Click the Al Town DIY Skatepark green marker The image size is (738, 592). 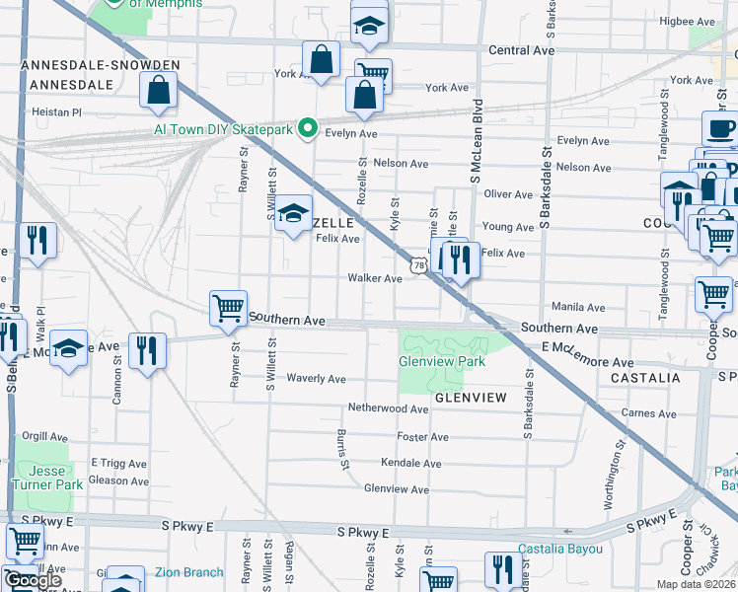coord(307,128)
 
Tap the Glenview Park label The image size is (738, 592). coord(442,361)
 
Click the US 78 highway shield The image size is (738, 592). coord(419,264)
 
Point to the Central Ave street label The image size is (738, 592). coord(522,49)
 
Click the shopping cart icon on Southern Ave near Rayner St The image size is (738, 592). coord(228,308)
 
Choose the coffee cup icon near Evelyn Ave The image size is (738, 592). coord(719,129)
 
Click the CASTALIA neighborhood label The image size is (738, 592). coord(645,378)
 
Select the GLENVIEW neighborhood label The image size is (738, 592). coord(470,398)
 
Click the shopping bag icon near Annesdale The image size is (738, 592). coord(160,92)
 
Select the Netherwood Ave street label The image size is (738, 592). coord(388,407)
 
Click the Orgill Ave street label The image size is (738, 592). coord(44,436)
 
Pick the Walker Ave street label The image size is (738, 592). coord(374,278)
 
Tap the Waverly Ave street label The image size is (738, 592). coord(316,379)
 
